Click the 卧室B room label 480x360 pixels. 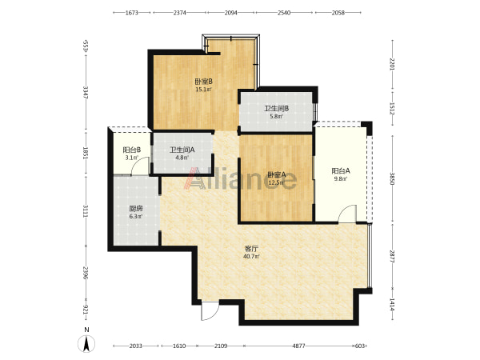tap(204, 82)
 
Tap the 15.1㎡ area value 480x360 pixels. tap(203, 90)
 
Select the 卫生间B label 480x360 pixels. tap(277, 108)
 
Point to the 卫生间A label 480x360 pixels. tap(182, 150)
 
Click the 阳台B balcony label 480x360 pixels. tap(132, 150)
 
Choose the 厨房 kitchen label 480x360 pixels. tap(136, 209)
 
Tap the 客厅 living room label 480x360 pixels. tap(251, 249)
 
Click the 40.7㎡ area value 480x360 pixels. tap(251, 257)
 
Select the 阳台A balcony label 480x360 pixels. tap(341, 171)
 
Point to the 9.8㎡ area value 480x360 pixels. tap(341, 179)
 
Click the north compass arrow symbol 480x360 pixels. tap(86, 344)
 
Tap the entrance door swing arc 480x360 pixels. tap(214, 314)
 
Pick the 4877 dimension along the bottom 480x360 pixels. tap(298, 346)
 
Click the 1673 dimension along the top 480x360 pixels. tap(132, 13)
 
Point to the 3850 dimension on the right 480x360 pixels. tap(392, 178)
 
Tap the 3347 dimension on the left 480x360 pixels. tap(86, 92)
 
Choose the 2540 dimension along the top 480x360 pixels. tap(284, 13)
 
